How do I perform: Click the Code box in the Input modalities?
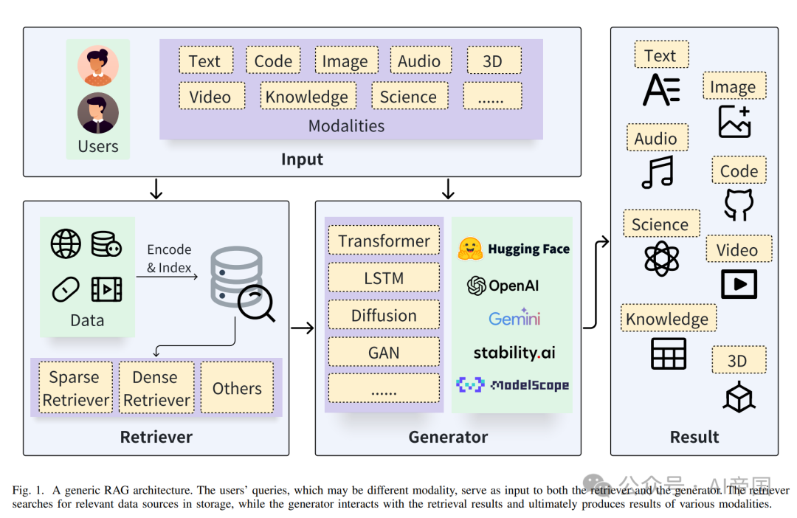[x=273, y=61]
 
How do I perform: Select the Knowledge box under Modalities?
[x=307, y=97]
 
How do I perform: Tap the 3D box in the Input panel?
[x=493, y=61]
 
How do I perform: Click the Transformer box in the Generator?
[x=384, y=241]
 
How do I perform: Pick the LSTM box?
[x=384, y=279]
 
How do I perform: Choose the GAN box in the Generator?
[x=384, y=353]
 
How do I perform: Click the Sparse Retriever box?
[x=75, y=388]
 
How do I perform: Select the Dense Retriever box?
[x=156, y=388]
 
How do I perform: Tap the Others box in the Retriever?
[x=237, y=388]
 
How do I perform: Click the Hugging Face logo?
[x=514, y=249]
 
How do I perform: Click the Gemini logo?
[x=514, y=318]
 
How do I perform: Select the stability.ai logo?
[x=514, y=353]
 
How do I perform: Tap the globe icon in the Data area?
[x=66, y=244]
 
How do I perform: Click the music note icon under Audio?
[x=657, y=172]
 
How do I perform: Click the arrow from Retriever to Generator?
[x=302, y=328]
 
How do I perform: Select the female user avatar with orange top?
[x=98, y=66]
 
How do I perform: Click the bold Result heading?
[x=694, y=437]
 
